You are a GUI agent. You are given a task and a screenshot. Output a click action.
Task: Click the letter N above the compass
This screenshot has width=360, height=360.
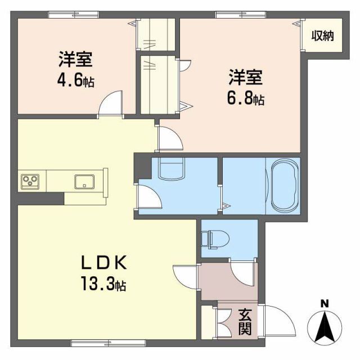(x=325, y=304)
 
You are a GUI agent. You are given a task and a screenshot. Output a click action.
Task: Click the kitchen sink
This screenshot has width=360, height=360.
(x=85, y=181)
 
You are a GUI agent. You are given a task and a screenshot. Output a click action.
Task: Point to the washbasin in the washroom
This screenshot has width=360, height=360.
(x=172, y=168)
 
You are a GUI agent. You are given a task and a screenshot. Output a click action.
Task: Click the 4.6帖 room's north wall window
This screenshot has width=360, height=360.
(x=73, y=15)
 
